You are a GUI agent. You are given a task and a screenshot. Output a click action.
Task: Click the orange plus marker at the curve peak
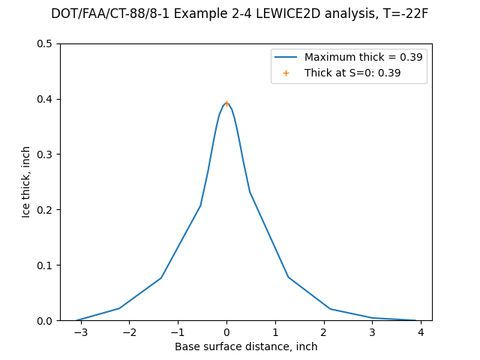click(x=226, y=103)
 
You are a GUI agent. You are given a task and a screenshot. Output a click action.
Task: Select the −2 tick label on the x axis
click(x=129, y=332)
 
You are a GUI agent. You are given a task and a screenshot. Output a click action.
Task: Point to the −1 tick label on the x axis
click(x=178, y=332)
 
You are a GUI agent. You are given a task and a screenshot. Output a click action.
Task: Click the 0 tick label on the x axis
click(x=226, y=332)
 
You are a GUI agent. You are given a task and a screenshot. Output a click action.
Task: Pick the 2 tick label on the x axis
click(x=324, y=332)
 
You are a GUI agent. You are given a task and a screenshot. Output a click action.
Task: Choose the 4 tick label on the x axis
click(x=421, y=332)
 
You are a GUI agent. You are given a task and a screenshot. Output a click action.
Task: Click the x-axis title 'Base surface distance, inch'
click(x=246, y=346)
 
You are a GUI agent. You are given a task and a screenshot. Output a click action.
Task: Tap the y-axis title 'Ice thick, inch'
click(x=26, y=182)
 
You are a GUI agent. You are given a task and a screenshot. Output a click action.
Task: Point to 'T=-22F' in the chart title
click(x=403, y=13)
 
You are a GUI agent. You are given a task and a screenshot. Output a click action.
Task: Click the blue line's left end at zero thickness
click(x=78, y=320)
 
